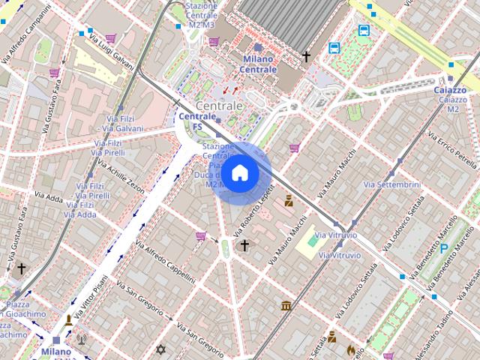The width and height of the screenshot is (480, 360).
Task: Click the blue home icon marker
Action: [239, 173]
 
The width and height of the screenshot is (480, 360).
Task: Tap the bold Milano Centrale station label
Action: [258, 64]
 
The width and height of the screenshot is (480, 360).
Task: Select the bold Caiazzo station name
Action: [450, 90]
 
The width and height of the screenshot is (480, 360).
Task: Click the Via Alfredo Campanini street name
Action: [23, 34]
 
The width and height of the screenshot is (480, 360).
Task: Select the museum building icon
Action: [286, 305]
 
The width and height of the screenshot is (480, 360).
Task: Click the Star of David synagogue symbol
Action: [159, 349]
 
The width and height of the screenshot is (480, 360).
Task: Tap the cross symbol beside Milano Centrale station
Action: [306, 56]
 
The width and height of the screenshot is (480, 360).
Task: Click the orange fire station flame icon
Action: [350, 349]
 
